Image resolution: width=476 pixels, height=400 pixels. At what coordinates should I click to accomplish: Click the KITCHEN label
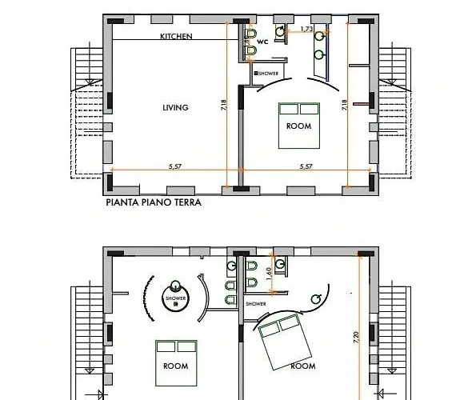click(176, 36)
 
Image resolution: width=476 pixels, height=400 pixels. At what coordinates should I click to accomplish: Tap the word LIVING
click(175, 107)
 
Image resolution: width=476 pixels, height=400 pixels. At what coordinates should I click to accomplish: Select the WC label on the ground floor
click(262, 42)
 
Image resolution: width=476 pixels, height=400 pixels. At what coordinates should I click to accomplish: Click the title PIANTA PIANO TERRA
click(154, 202)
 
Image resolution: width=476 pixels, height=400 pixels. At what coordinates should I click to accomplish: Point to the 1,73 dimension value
click(306, 29)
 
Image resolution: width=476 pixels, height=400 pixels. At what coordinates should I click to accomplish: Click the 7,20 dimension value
click(356, 338)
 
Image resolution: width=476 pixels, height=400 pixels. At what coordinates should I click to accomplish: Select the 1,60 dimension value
click(268, 274)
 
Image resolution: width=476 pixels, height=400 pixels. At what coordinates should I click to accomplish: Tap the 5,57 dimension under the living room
click(175, 166)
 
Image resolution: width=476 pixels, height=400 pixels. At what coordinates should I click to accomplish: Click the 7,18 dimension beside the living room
click(224, 105)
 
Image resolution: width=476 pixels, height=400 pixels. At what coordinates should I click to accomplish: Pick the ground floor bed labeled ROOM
click(299, 126)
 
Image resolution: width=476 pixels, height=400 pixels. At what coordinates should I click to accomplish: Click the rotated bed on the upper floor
click(285, 342)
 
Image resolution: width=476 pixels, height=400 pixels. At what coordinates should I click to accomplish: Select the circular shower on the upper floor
click(175, 298)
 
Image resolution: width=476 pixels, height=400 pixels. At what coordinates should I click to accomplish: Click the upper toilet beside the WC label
click(250, 34)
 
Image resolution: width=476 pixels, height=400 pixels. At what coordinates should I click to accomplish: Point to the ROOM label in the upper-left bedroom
click(175, 366)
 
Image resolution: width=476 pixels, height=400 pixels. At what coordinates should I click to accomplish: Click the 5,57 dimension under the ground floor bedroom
click(306, 166)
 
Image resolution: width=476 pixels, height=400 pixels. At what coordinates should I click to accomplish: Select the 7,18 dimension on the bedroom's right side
click(344, 105)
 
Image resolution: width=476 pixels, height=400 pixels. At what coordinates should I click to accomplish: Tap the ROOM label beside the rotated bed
click(303, 366)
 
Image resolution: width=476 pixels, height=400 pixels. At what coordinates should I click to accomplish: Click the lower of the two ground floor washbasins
click(319, 55)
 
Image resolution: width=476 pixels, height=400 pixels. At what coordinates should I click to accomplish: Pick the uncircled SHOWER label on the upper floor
click(256, 304)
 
